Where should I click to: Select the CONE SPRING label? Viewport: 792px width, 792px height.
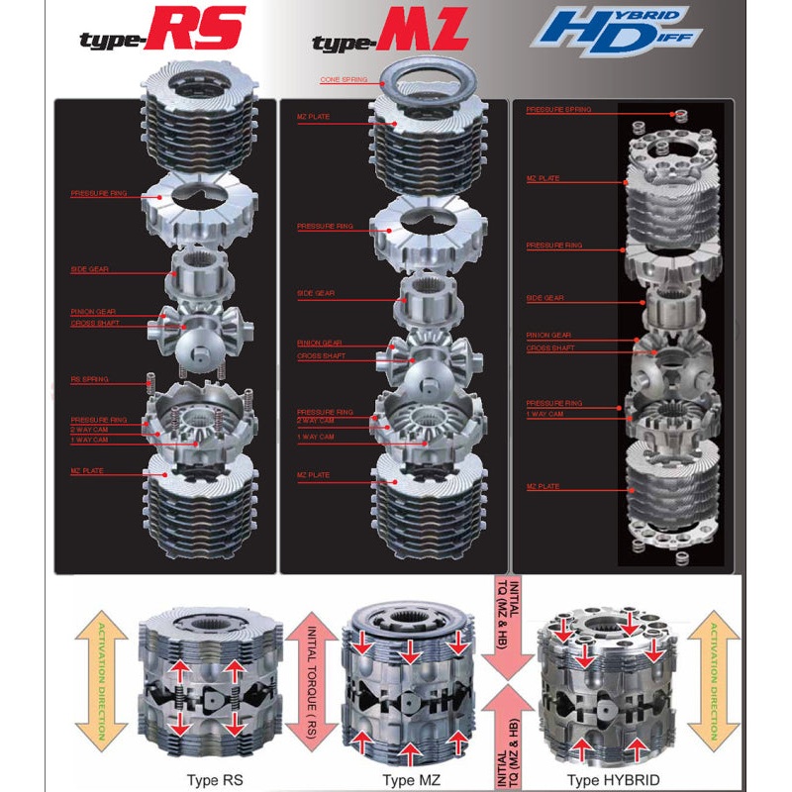coord(343,79)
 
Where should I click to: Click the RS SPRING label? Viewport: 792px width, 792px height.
coord(89,379)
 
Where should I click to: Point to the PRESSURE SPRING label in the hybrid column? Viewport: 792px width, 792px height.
coord(558,110)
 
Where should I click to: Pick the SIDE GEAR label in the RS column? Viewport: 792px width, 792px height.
coord(89,268)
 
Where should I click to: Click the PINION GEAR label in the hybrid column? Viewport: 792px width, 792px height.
coord(548,336)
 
